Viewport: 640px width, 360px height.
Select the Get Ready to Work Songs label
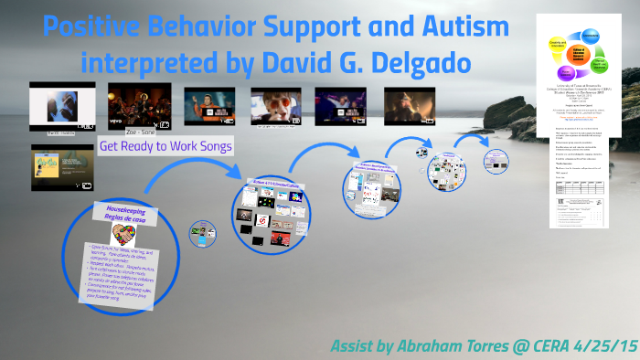165,146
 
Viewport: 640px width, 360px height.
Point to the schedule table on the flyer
584,202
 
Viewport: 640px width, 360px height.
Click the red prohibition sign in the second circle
261,221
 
